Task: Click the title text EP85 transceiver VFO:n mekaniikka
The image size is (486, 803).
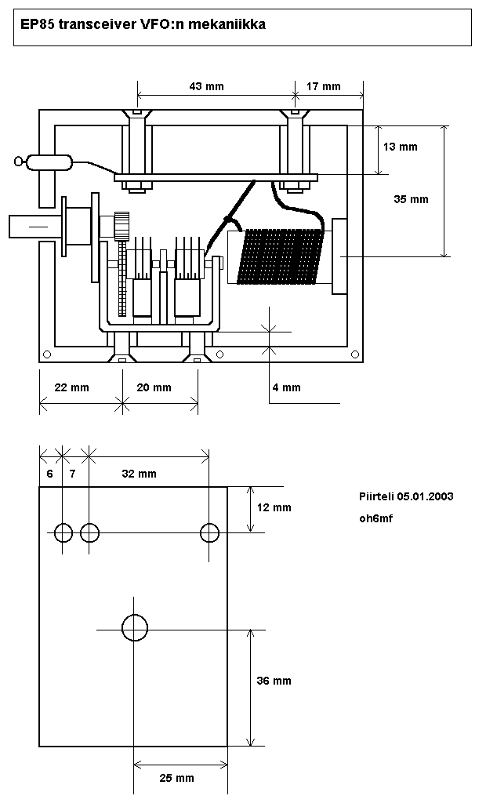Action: (143, 24)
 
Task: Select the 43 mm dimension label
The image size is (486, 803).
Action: (207, 86)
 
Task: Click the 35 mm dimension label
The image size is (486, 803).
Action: (411, 199)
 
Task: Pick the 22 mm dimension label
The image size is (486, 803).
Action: (71, 387)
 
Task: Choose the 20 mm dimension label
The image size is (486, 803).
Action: (154, 387)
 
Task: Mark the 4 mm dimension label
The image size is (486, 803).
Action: (287, 387)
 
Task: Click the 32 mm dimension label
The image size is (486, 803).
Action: (140, 474)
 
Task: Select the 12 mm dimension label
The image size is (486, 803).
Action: (274, 507)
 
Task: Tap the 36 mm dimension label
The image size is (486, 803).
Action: (274, 681)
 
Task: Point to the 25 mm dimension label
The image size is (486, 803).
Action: (177, 778)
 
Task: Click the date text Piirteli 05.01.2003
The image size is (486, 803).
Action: (406, 496)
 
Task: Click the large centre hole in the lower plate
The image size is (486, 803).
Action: (135, 627)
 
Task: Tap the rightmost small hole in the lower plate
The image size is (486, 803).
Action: (209, 533)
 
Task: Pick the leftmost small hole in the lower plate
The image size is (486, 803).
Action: (63, 533)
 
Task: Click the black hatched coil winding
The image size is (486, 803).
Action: (283, 257)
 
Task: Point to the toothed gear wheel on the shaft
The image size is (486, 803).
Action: (121, 226)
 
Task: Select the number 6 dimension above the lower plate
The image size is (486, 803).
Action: (50, 474)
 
